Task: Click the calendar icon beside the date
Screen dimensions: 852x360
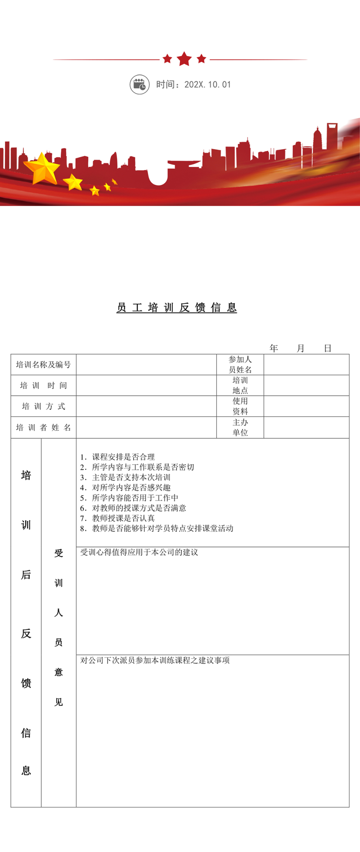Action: [x=139, y=85]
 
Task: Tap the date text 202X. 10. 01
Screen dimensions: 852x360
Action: [x=207, y=85]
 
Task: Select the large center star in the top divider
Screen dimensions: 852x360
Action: [x=184, y=59]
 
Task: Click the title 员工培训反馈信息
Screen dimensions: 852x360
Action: [x=177, y=308]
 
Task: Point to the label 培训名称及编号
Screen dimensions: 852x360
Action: [x=44, y=365]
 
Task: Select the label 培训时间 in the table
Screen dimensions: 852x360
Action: [x=44, y=386]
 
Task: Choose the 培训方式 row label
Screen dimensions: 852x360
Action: [x=44, y=407]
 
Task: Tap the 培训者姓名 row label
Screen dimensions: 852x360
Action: [x=44, y=428]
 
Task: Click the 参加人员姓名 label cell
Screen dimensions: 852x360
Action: [x=240, y=365]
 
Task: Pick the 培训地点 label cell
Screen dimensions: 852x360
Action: [x=240, y=386]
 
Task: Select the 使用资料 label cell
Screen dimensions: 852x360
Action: [x=240, y=406]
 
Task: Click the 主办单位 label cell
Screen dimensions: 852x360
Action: [x=240, y=428]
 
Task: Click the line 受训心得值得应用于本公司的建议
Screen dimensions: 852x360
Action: [x=139, y=552]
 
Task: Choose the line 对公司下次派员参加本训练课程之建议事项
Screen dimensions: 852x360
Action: [x=155, y=660]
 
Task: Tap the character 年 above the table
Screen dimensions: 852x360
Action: [x=274, y=348]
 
